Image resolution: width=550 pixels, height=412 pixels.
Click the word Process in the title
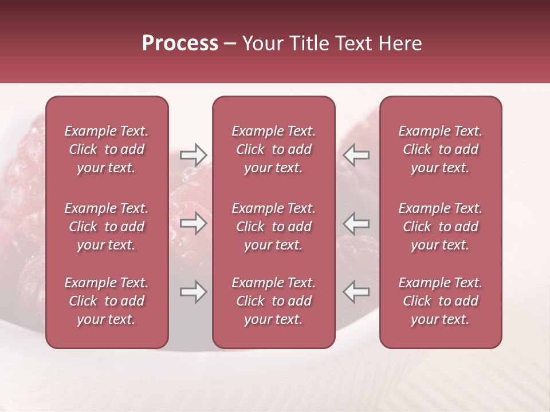pos(180,43)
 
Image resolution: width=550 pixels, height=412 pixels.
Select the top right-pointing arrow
pos(193,154)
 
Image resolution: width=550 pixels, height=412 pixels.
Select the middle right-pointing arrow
pos(193,224)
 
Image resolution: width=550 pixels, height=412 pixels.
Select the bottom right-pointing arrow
pos(193,292)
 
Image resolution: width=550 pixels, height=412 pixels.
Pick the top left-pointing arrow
pos(356,154)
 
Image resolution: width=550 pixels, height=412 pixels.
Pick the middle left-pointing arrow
pos(356,224)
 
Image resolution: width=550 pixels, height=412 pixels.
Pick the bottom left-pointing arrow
pos(356,292)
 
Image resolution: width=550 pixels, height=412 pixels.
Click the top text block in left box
pos(107,149)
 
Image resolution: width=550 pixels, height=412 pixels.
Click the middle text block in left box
pos(107,227)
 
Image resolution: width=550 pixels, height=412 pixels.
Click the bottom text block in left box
pos(107,301)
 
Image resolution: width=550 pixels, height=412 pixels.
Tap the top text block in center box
pos(273,149)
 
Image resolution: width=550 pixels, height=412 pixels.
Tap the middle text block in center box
pos(273,227)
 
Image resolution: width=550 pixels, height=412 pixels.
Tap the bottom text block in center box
pos(273,301)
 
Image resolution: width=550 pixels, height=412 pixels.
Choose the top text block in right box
pos(440,149)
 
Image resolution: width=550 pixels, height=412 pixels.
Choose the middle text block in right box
pos(440,227)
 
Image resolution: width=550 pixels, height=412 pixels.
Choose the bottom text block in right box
pos(440,301)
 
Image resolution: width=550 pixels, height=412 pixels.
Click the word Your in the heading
pos(263,43)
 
